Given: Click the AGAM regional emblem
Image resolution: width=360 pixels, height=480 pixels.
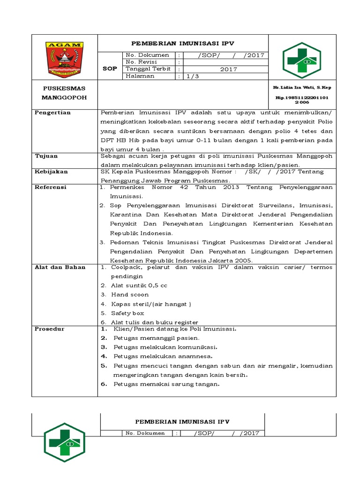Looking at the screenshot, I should (x=65, y=59).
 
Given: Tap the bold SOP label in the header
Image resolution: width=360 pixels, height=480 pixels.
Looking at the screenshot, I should (x=110, y=69).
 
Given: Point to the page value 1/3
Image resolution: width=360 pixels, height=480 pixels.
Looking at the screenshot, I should (x=193, y=76).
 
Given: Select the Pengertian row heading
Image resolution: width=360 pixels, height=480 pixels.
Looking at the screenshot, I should (x=52, y=112).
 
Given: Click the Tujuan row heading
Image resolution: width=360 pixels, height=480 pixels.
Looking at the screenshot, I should (x=46, y=156).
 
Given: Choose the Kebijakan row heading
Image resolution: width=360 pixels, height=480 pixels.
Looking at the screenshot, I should (x=51, y=172).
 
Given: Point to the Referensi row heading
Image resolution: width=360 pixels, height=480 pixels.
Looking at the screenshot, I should (x=51, y=187).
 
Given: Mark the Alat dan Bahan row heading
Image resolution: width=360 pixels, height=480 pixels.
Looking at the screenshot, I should (x=60, y=267).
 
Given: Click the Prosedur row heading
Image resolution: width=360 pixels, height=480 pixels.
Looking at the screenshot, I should (x=49, y=329).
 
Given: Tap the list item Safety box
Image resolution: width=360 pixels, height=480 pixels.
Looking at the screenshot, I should (x=127, y=313).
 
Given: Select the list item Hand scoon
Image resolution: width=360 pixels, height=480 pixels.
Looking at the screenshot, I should (x=130, y=294).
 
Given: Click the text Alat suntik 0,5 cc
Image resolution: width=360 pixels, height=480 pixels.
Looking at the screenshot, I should (x=139, y=285).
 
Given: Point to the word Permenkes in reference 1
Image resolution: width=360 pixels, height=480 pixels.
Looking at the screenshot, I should (x=127, y=187).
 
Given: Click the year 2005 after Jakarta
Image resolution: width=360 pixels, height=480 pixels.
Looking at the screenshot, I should (x=242, y=260).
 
